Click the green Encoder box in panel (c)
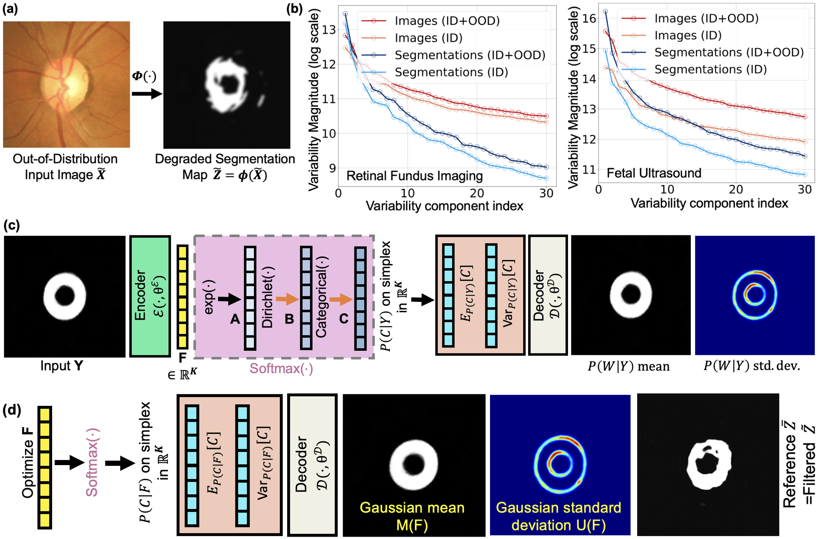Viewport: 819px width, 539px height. (150, 296)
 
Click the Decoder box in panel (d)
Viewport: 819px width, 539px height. (312, 465)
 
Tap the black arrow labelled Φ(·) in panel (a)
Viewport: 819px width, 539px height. (147, 94)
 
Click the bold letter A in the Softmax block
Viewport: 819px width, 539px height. (235, 319)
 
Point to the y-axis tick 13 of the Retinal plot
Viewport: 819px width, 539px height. (329, 30)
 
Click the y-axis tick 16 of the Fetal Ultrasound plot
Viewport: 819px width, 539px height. (589, 18)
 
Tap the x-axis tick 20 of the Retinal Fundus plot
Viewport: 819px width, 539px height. (477, 193)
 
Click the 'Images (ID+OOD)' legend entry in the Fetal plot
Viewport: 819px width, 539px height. (690, 18)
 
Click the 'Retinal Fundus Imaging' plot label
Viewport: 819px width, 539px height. (414, 176)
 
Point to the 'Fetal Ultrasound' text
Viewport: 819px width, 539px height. (654, 173)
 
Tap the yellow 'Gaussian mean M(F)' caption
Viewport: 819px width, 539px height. (412, 516)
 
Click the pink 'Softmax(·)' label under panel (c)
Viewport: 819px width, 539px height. (281, 369)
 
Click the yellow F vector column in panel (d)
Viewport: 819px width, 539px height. (45, 467)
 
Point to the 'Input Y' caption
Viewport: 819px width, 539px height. (62, 366)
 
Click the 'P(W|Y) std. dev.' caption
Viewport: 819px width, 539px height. (752, 366)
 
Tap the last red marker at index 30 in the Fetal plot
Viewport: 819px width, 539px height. (805, 117)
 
